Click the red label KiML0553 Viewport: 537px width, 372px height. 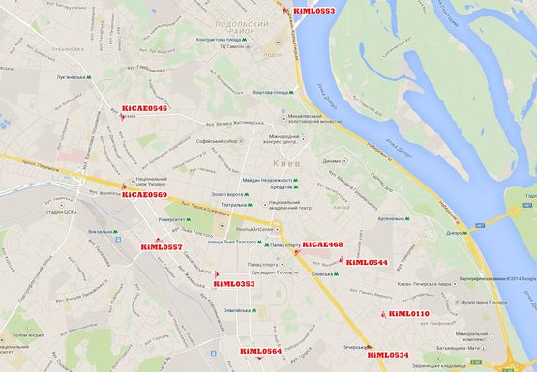tap(313, 12)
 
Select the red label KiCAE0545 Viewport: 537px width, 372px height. tap(145, 109)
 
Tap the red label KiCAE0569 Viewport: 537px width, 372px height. tap(145, 195)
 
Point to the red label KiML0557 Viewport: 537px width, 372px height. tap(162, 248)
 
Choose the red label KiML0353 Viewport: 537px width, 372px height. tap(234, 284)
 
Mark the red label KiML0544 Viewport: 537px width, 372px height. tap(367, 263)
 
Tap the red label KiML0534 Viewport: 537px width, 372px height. tap(388, 355)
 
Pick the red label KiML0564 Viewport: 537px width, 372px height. tap(260, 351)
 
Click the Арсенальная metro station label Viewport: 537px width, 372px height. tap(397, 219)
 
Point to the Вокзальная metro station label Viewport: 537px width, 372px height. tap(101, 232)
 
